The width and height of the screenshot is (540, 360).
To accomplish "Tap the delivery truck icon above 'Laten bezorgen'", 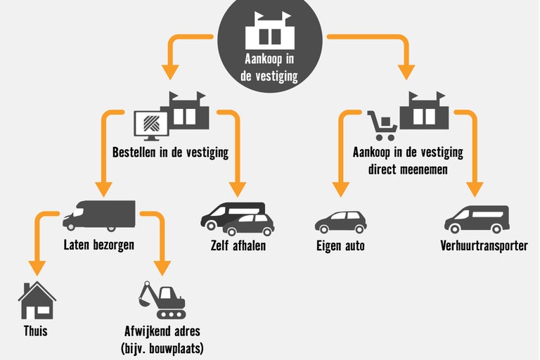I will tap(98, 216).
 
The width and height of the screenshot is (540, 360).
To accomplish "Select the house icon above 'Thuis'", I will tap(37, 300).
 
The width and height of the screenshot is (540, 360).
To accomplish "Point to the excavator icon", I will tap(162, 300).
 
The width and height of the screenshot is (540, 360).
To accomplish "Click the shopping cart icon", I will tap(382, 126).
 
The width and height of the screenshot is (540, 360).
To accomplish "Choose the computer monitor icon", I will tap(150, 126).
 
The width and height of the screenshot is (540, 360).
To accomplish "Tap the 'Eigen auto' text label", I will tap(341, 245).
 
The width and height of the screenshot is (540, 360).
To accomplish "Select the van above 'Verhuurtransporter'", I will tap(476, 219).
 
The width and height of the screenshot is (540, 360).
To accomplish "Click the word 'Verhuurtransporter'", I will tap(484, 245).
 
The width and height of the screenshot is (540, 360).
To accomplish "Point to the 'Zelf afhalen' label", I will tap(238, 245).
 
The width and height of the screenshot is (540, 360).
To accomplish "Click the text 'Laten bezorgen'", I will tap(98, 245).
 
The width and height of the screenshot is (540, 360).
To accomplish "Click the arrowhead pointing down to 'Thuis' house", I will tap(37, 268).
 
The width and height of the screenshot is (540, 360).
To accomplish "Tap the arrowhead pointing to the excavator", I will tap(162, 268).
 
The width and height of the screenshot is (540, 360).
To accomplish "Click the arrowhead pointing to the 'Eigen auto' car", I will tap(341, 189).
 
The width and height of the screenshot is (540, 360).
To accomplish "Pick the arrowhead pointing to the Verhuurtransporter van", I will tap(475, 189).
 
